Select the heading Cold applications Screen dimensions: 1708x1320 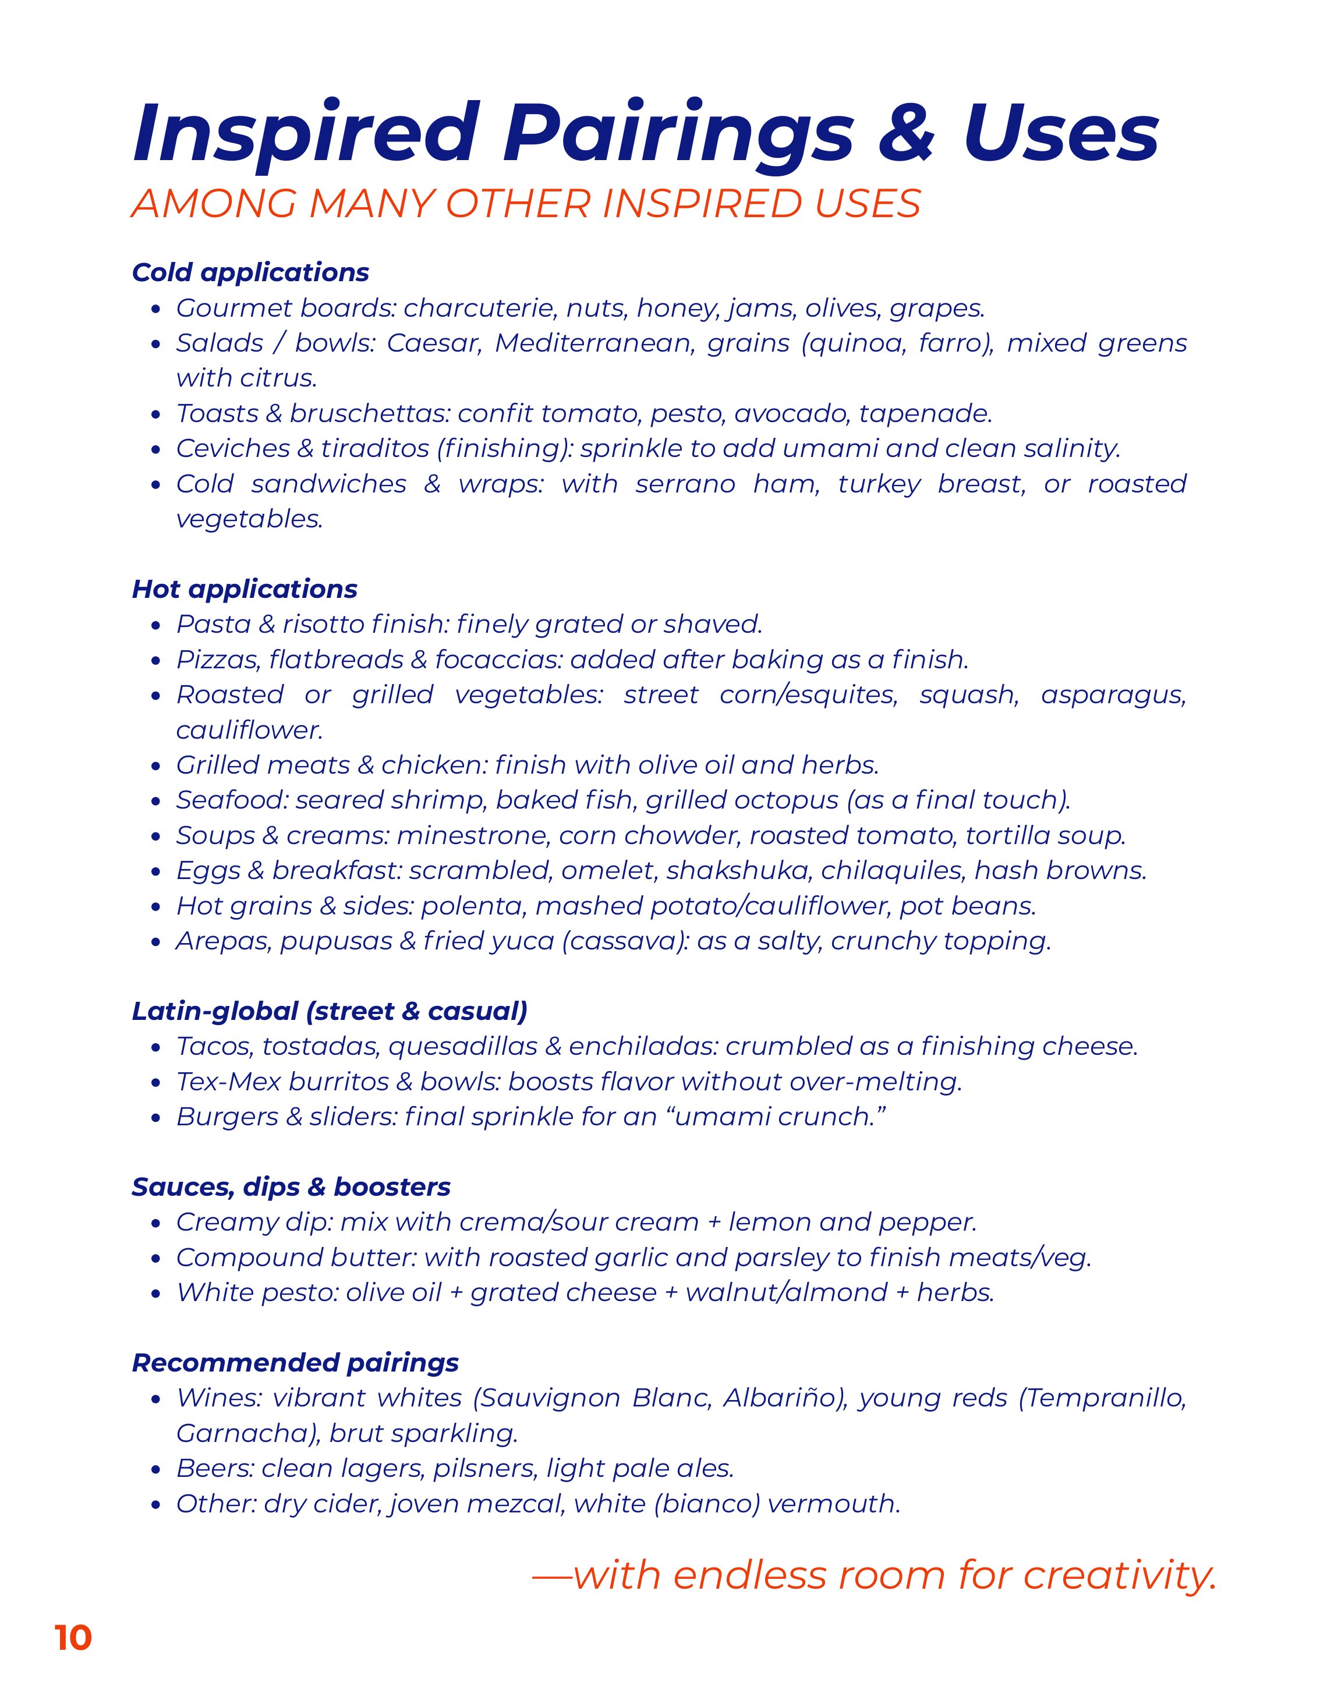tap(250, 272)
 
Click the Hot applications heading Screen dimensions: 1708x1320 tap(245, 589)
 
